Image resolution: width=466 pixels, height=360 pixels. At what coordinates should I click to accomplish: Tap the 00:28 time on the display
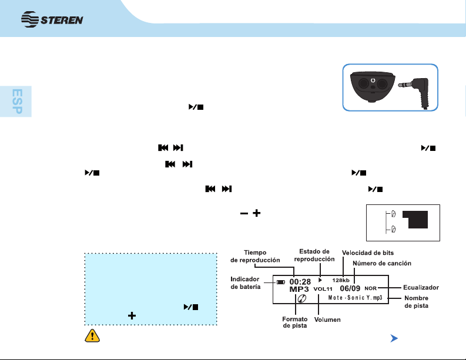tap(300, 281)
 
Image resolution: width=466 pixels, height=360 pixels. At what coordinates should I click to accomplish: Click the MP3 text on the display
tap(300, 290)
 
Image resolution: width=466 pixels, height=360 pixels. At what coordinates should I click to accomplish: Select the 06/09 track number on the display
tap(350, 289)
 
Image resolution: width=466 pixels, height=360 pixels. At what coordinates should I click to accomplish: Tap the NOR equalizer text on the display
tap(370, 288)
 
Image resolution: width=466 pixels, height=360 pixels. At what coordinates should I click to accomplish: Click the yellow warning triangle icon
tap(90, 336)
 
